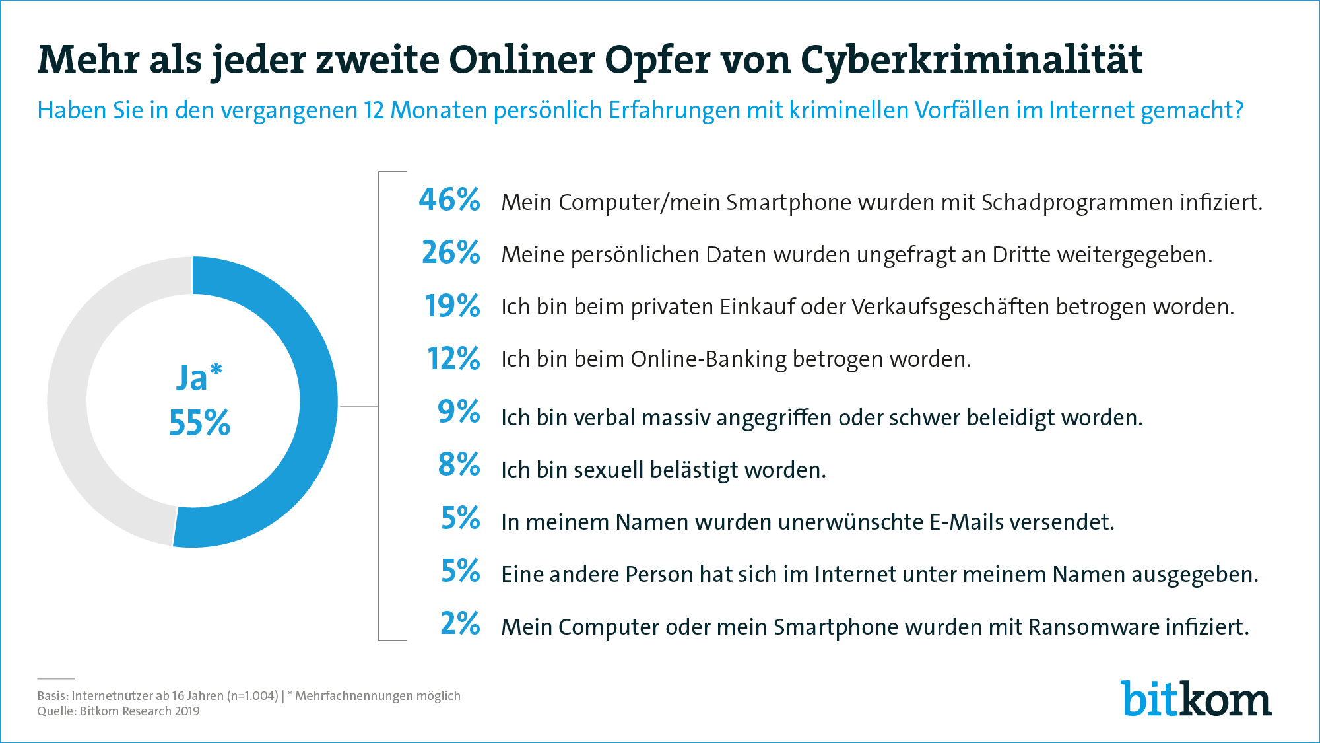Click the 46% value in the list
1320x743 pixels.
pos(449,199)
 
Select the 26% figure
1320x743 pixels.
pos(451,252)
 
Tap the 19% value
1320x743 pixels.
pos(452,305)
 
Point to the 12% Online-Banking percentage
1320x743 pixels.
pos(453,359)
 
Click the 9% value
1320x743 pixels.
pos(459,411)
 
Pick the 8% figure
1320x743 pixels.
pos(459,464)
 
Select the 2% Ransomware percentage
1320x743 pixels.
pos(460,623)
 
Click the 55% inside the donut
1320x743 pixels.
pos(199,423)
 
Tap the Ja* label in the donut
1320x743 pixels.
pos(199,378)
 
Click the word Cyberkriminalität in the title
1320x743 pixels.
pos(972,61)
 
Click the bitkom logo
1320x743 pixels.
pos(1196,699)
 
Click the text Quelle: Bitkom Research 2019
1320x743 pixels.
pos(118,711)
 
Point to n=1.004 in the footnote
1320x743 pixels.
pos(253,696)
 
